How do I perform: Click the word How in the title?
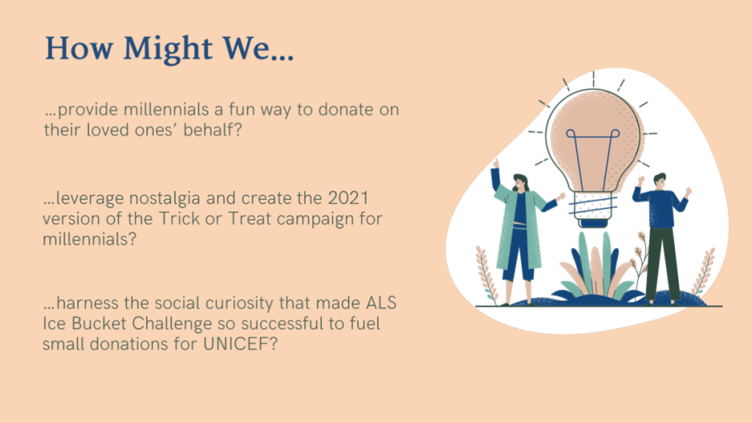click(79, 48)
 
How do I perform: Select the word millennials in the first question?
click(166, 110)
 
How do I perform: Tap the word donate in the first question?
click(345, 110)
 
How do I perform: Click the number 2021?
click(348, 198)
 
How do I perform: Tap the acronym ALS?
click(382, 303)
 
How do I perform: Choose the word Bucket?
click(99, 324)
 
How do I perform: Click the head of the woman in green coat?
click(520, 183)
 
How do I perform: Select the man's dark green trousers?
click(662, 263)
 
